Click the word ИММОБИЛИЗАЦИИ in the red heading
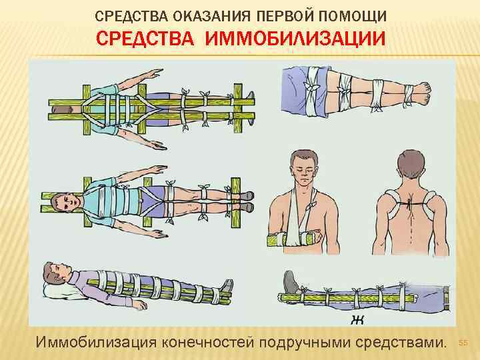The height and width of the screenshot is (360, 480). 295,38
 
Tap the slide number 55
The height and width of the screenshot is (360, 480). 465,343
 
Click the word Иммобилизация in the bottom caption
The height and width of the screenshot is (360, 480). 95,343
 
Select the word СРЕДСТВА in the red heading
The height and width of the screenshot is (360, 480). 146,38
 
